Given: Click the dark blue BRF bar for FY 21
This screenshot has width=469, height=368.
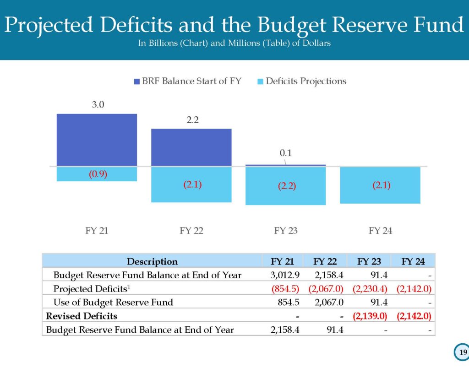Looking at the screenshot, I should click(x=97, y=140).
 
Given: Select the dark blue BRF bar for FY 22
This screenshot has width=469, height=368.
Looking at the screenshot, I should click(x=191, y=147).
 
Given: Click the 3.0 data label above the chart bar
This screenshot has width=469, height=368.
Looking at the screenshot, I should click(x=98, y=105).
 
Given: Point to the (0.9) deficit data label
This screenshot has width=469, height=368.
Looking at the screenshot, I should click(x=98, y=174).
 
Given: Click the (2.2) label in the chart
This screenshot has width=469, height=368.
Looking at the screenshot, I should click(x=286, y=187).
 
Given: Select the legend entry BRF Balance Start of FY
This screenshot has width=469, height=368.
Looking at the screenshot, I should click(x=188, y=81).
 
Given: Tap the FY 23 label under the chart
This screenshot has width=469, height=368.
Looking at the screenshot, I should click(x=286, y=231).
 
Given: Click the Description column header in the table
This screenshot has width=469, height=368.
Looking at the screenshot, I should click(x=152, y=262).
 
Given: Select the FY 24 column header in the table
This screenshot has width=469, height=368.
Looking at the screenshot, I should click(x=413, y=262).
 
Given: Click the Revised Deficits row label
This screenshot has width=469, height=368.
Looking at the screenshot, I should click(x=82, y=316).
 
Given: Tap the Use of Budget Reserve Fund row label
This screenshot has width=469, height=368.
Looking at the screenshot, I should click(x=113, y=303).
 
